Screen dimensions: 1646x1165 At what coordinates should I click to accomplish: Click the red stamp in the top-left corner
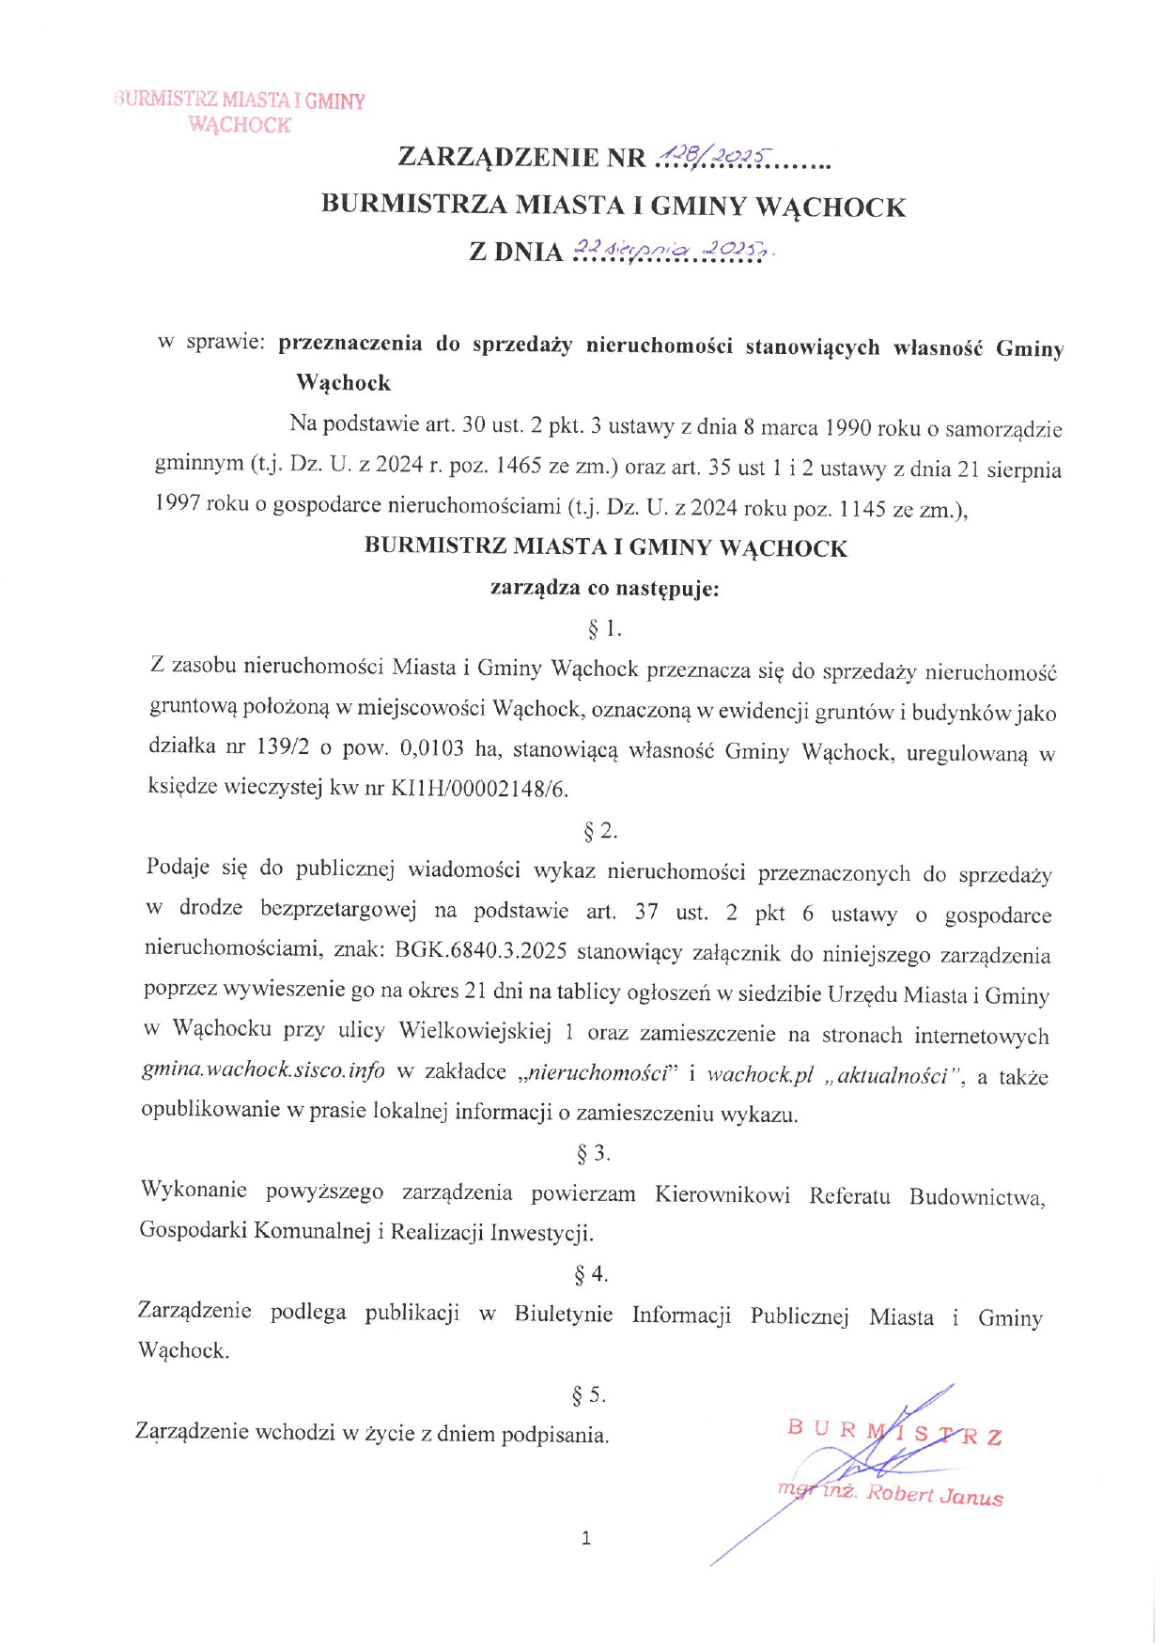click(x=240, y=112)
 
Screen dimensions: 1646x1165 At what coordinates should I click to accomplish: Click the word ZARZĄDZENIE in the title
click(x=498, y=157)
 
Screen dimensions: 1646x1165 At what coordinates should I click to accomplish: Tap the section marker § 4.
click(x=591, y=1274)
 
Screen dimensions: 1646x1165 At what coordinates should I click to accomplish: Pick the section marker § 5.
click(x=589, y=1395)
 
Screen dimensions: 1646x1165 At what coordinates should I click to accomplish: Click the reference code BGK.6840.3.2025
click(x=480, y=951)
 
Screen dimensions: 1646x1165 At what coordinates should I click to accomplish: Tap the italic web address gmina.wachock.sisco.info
click(x=263, y=1070)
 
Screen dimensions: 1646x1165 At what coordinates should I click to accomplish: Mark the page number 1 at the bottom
click(x=586, y=1538)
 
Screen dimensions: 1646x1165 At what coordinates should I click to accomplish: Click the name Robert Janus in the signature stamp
click(x=934, y=1495)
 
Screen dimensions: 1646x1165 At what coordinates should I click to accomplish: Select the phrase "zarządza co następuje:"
click(x=604, y=589)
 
